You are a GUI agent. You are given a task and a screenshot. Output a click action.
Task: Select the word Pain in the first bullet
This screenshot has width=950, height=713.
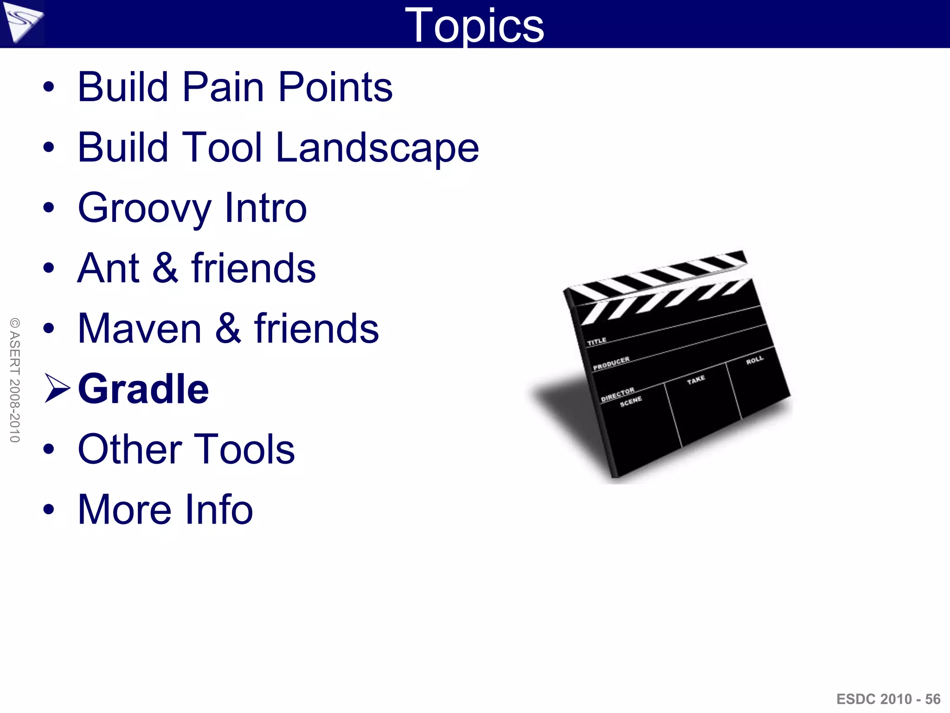224,87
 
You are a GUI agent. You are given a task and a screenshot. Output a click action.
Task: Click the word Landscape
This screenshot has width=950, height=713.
377,148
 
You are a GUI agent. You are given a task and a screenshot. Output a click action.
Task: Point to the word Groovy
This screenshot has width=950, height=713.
144,208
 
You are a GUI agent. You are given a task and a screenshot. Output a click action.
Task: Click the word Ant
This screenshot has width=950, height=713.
108,268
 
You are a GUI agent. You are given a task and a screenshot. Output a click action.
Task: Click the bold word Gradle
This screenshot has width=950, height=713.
143,389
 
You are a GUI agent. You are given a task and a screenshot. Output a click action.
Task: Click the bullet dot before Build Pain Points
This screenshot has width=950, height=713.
48,87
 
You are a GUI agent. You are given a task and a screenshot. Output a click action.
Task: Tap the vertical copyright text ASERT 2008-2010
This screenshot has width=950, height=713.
15,380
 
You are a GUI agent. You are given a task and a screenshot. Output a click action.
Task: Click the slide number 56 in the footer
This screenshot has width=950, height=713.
932,699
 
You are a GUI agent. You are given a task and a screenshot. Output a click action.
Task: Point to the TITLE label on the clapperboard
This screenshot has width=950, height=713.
597,341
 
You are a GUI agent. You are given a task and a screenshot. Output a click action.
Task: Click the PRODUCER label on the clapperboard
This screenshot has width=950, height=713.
611,363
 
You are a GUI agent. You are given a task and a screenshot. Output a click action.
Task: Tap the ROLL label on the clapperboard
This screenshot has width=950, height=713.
754,360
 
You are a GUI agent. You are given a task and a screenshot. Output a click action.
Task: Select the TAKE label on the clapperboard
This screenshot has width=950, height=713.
696,380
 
